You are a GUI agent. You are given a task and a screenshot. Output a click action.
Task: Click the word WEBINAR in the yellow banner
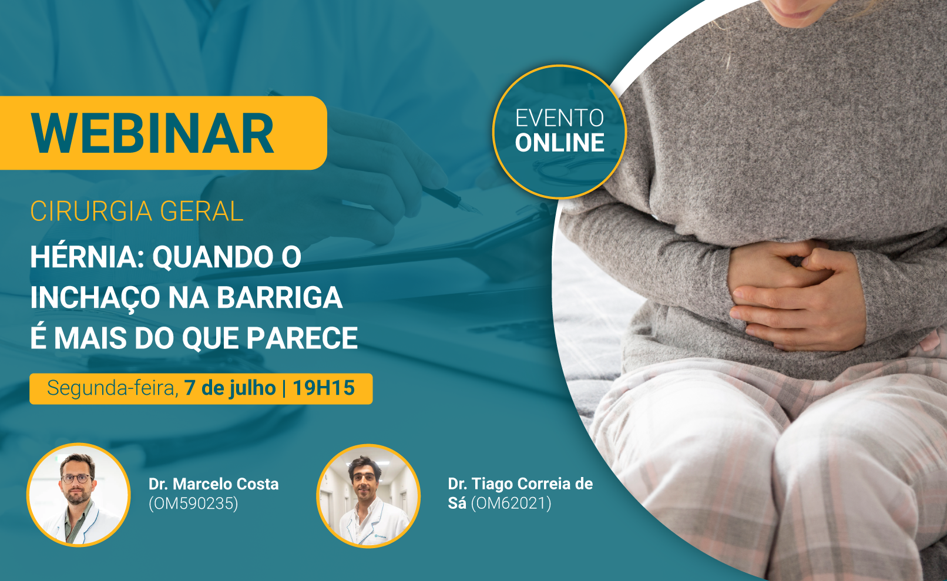(x=153, y=133)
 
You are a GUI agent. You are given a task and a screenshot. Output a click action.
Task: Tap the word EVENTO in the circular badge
(x=559, y=118)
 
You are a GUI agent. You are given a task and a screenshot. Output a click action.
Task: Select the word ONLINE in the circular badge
(x=559, y=143)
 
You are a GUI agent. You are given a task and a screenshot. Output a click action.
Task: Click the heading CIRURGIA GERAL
(x=136, y=211)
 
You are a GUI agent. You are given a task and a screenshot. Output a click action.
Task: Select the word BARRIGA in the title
(x=280, y=298)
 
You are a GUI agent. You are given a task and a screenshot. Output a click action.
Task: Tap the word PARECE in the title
(x=302, y=338)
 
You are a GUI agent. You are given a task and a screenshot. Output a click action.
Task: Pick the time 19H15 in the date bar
(x=324, y=388)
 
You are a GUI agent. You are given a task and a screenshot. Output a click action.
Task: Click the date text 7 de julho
(x=230, y=388)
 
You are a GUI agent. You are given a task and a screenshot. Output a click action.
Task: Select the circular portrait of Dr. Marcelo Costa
(x=79, y=495)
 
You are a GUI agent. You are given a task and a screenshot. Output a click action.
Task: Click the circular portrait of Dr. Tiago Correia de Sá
(x=368, y=496)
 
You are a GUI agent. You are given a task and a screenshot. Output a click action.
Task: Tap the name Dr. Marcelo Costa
(x=213, y=484)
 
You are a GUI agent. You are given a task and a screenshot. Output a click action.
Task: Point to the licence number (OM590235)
(x=193, y=503)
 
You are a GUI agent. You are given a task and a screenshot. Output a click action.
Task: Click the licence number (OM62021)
(x=511, y=503)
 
